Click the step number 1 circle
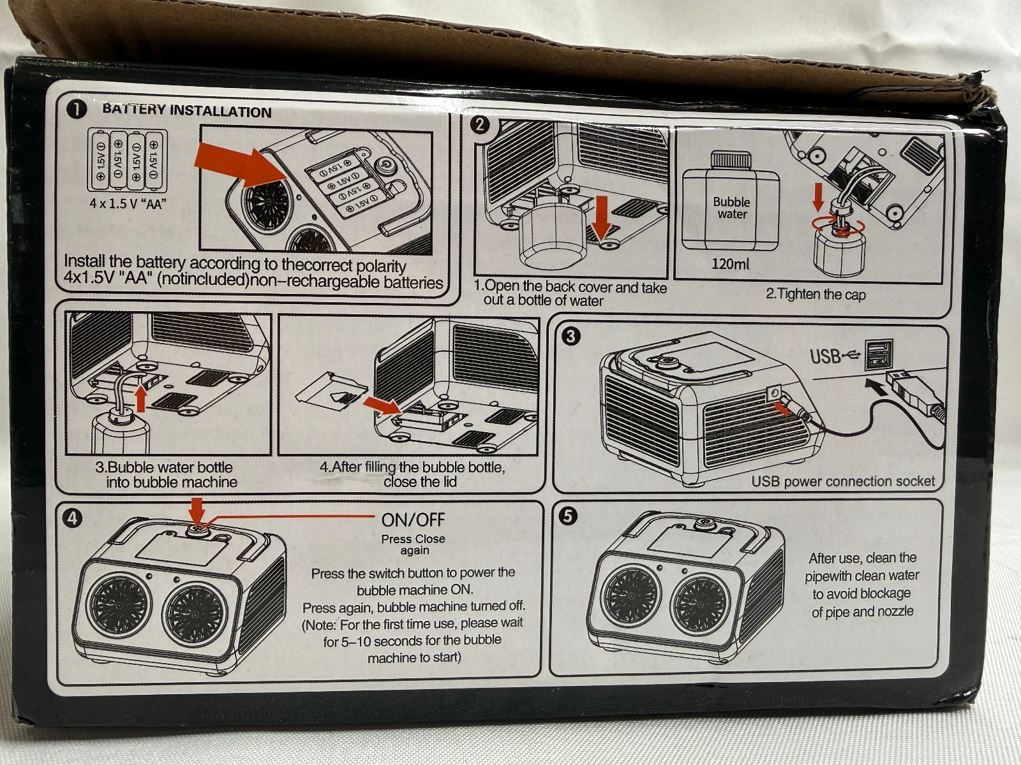click(x=77, y=110)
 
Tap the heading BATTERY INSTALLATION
click(x=187, y=111)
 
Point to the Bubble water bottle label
click(x=732, y=208)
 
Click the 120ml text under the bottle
click(x=731, y=263)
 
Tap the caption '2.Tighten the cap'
click(x=816, y=295)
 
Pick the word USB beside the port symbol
click(x=826, y=355)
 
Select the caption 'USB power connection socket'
click(x=842, y=481)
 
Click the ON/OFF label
click(x=413, y=520)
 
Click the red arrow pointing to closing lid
click(x=380, y=405)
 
